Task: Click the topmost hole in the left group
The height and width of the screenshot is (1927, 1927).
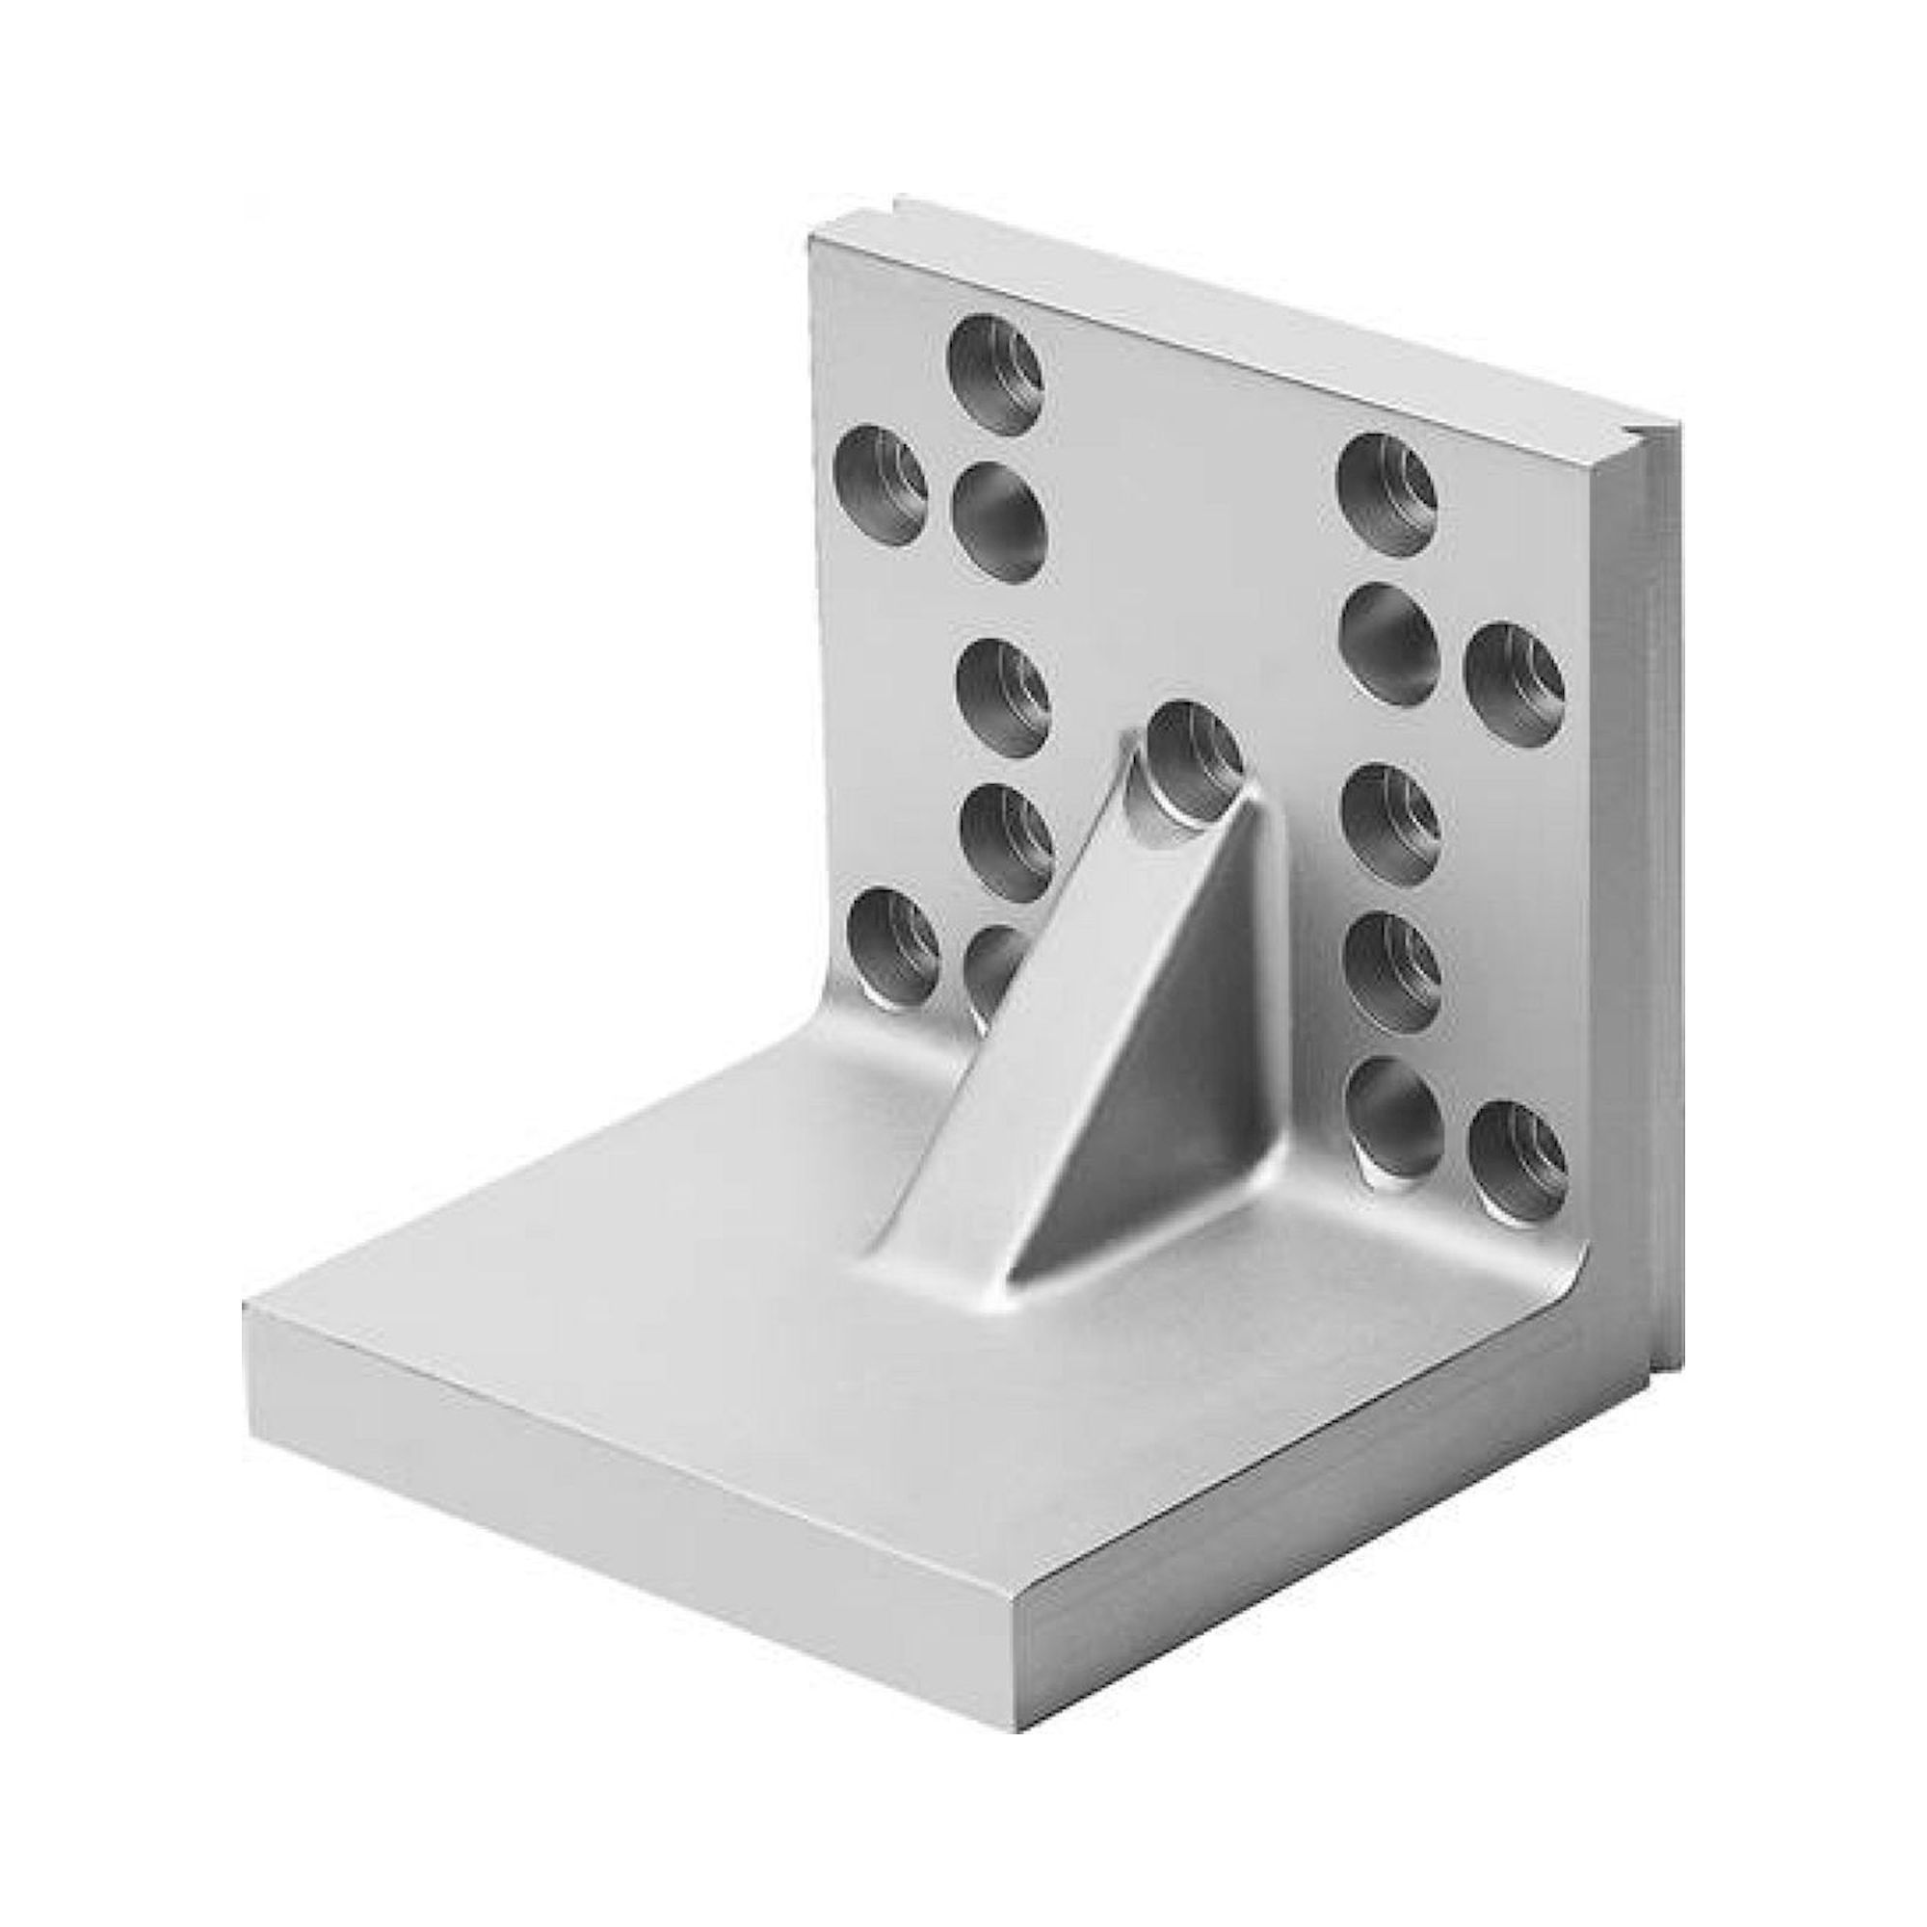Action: tap(995, 389)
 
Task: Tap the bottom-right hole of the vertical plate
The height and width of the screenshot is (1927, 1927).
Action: tap(1518, 1155)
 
